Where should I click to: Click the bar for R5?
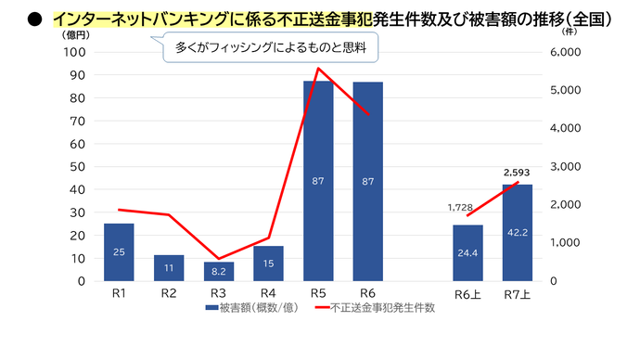coord(318,181)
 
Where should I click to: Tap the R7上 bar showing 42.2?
coord(518,233)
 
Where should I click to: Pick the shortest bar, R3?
coord(219,271)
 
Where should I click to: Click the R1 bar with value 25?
coord(119,251)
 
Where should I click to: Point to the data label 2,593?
coord(517,173)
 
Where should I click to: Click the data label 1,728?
coord(461,208)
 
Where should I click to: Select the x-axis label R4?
coord(268,293)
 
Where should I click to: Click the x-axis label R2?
coord(169,293)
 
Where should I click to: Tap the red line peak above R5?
coord(318,68)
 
